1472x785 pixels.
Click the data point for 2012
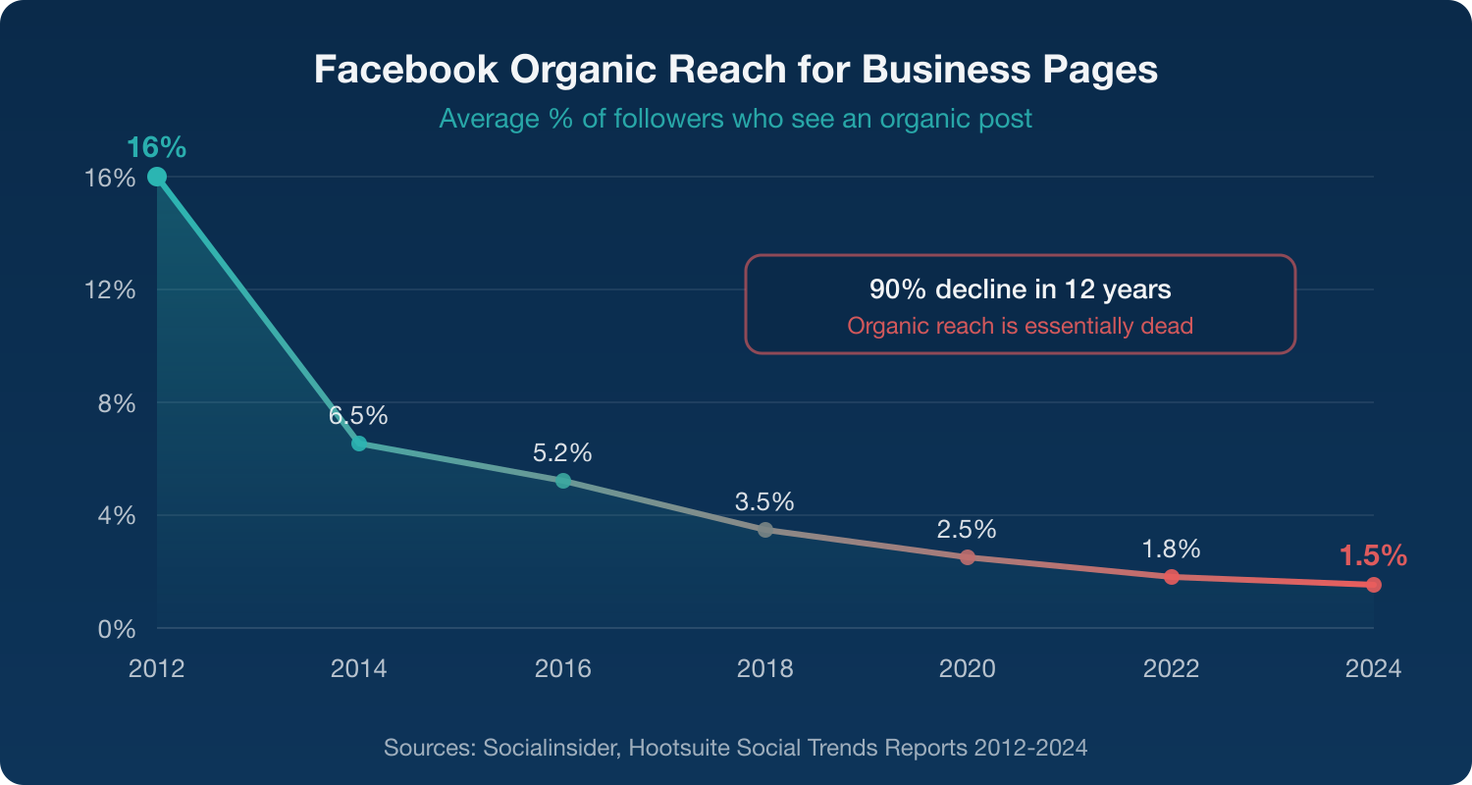pyautogui.click(x=157, y=177)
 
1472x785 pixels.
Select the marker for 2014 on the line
pyautogui.click(x=359, y=444)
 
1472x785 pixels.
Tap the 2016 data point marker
pyautogui.click(x=562, y=481)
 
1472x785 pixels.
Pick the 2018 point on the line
pyautogui.click(x=765, y=530)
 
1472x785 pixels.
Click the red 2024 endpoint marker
pyautogui.click(x=1373, y=585)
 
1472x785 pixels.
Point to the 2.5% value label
pyautogui.click(x=967, y=530)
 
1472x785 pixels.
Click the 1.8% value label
pyautogui.click(x=1171, y=549)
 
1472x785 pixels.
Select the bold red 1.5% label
pyautogui.click(x=1373, y=556)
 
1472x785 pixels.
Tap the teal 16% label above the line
pyautogui.click(x=156, y=148)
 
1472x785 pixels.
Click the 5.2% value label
pyautogui.click(x=562, y=453)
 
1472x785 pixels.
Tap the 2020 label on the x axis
pyautogui.click(x=967, y=669)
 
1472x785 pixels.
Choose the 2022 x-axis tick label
pyautogui.click(x=1171, y=669)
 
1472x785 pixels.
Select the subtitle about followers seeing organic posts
pyautogui.click(x=735, y=119)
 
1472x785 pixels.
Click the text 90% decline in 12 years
pyautogui.click(x=1020, y=290)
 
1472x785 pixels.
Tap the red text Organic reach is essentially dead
pyautogui.click(x=1020, y=326)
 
